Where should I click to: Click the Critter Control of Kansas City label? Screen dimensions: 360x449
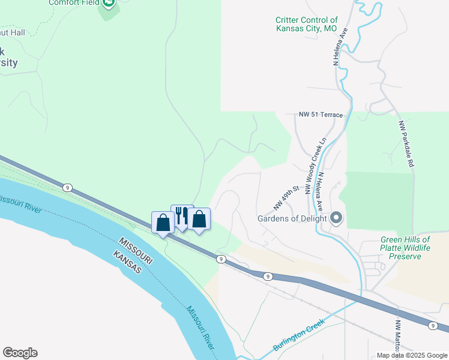[306, 24]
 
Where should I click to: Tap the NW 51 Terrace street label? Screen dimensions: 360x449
[321, 115]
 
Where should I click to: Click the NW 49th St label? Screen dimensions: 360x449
[286, 197]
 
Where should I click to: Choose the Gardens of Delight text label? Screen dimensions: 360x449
[292, 218]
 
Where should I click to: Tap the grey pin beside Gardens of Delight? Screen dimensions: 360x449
[336, 218]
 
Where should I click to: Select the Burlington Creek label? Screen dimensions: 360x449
[298, 335]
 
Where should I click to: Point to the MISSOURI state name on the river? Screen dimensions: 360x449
[136, 249]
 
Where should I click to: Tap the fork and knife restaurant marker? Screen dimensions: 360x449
[182, 216]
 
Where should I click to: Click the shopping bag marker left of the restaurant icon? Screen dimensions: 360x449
[163, 223]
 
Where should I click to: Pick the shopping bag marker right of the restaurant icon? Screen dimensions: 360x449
[199, 219]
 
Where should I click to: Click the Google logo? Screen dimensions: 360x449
[20, 353]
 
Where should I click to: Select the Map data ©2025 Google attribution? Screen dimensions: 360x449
[411, 355]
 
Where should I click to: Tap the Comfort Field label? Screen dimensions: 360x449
[73, 2]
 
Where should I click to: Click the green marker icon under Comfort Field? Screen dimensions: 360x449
[108, 5]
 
